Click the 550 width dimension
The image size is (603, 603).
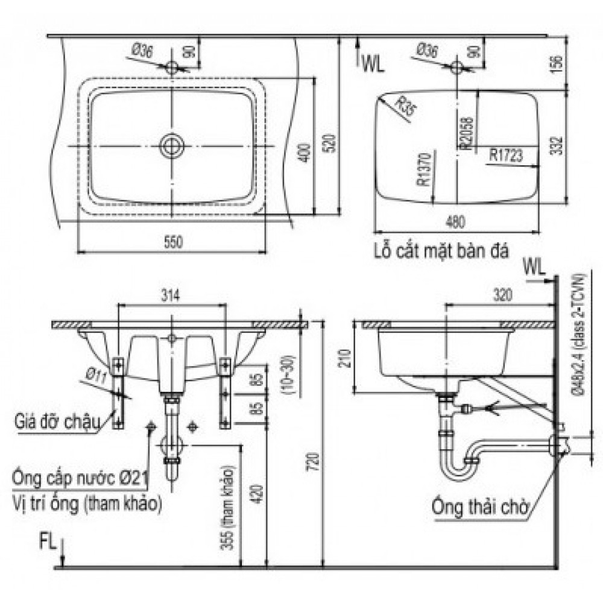point(172,242)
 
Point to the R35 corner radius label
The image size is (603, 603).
point(406,109)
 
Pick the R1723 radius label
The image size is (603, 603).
point(505,155)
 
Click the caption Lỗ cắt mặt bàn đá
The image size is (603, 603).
point(440,250)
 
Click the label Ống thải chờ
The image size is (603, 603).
point(480,508)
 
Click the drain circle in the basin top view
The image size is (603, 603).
point(172,145)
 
